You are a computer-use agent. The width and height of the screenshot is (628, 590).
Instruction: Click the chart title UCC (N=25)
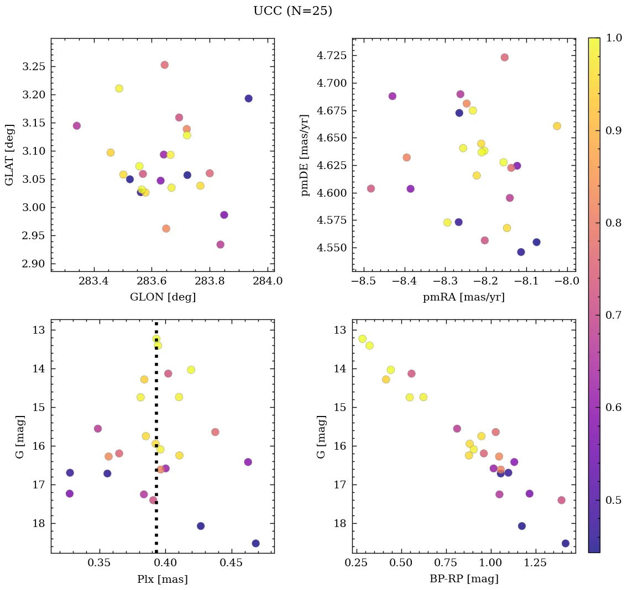tap(292, 11)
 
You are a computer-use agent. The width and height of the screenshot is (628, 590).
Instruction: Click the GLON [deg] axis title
tap(163, 297)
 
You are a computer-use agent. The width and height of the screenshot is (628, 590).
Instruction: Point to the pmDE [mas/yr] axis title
tap(305, 155)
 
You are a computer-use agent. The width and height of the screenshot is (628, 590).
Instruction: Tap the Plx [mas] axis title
tap(163, 579)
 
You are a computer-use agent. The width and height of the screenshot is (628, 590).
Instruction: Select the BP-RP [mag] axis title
tap(464, 579)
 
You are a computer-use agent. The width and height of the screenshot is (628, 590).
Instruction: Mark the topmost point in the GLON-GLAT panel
tap(164, 65)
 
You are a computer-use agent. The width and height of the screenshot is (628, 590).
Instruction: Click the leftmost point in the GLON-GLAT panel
tap(76, 125)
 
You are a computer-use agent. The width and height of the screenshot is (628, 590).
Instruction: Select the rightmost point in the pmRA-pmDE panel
tap(557, 126)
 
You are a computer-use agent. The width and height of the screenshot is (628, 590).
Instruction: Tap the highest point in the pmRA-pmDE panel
tap(504, 57)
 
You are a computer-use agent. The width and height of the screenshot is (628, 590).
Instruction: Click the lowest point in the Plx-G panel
tap(255, 543)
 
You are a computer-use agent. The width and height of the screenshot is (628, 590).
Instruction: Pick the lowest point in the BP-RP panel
tap(565, 543)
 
